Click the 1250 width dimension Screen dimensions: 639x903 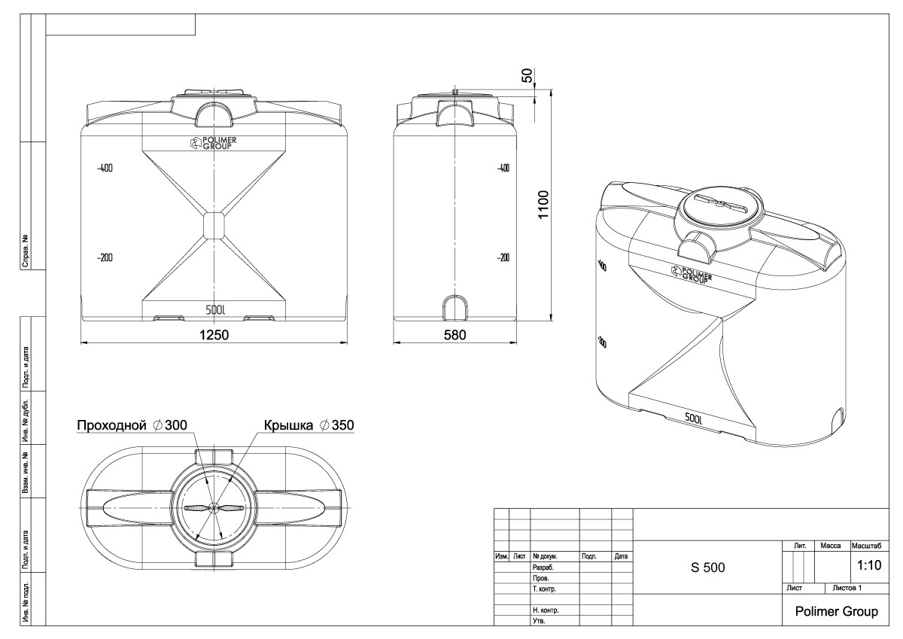pyautogui.click(x=213, y=335)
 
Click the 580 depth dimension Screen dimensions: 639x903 pyautogui.click(x=455, y=335)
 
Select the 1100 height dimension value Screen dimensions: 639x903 pyautogui.click(x=543, y=204)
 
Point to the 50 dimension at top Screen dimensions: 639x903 pyautogui.click(x=528, y=75)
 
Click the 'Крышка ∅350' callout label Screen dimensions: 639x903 pyautogui.click(x=309, y=425)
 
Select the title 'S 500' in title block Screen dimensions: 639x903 pyautogui.click(x=708, y=567)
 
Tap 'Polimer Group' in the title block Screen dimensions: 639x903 pyautogui.click(x=835, y=612)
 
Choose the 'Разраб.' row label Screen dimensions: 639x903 pyautogui.click(x=543, y=567)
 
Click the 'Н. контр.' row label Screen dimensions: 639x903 pyautogui.click(x=545, y=610)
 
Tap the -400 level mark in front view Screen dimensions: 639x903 pyautogui.click(x=105, y=168)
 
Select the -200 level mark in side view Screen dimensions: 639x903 pyautogui.click(x=503, y=258)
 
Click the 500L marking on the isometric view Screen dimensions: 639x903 pyautogui.click(x=694, y=418)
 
